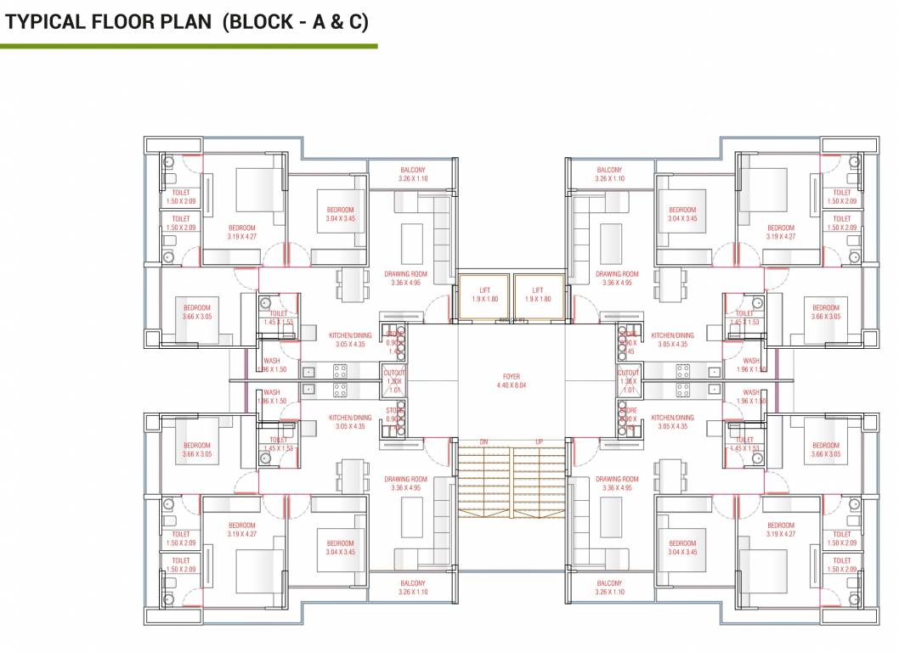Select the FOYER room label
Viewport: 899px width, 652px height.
[x=511, y=376]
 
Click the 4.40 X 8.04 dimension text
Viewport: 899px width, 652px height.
[x=511, y=385]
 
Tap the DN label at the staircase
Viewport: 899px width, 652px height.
[x=483, y=441]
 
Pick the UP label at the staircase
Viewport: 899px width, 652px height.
[x=539, y=441]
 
